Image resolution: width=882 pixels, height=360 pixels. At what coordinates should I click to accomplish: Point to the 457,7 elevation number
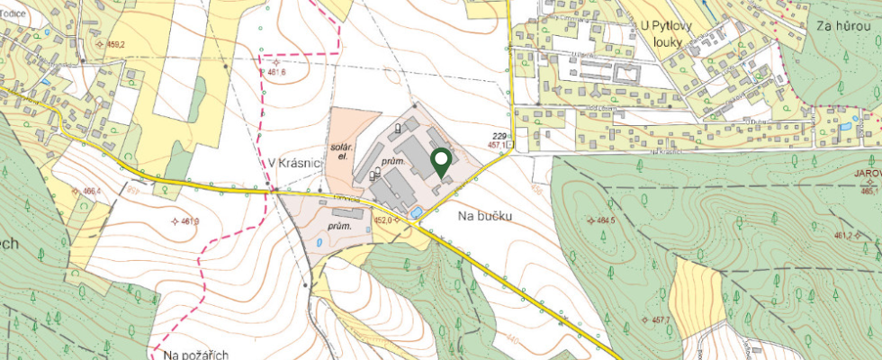point(661,319)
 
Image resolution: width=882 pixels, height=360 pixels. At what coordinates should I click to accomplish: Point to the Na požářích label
point(190,354)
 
